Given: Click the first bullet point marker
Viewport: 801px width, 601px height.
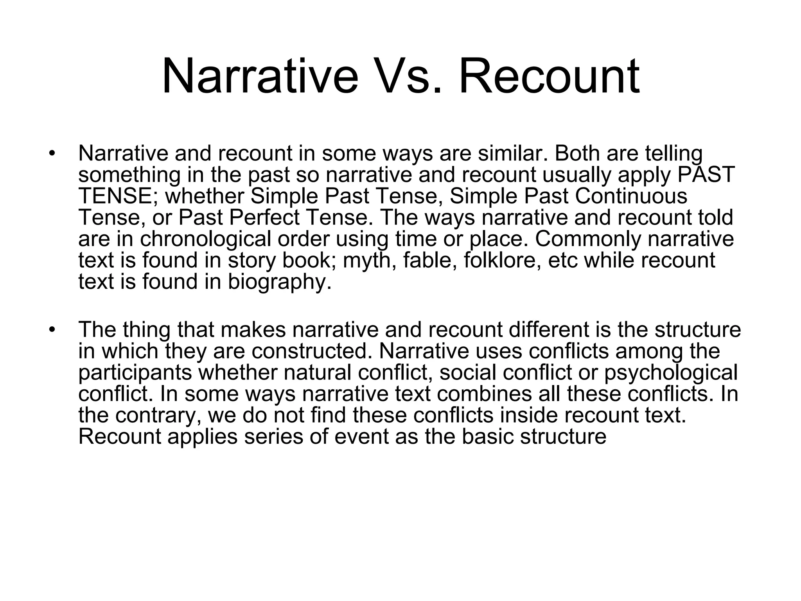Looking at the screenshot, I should [x=51, y=153].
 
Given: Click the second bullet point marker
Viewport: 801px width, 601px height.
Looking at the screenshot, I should [x=51, y=330].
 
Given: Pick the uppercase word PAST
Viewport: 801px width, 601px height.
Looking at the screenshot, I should [x=706, y=175].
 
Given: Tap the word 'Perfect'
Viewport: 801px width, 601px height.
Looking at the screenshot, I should [x=264, y=218].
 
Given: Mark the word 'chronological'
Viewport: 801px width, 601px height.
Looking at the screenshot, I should [x=206, y=239].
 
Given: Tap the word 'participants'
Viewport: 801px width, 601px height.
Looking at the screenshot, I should [x=135, y=372].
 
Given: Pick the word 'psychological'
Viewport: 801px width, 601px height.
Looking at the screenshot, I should [x=670, y=372].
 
